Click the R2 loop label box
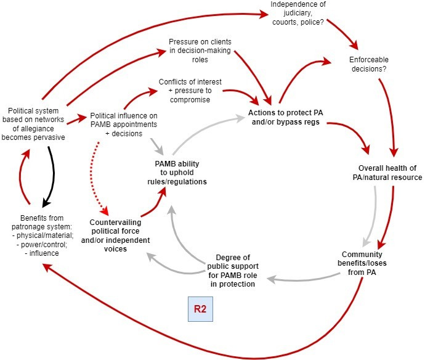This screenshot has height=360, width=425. point(200,309)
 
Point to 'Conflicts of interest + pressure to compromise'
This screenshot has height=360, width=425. point(190,91)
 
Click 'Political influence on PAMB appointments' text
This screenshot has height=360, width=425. point(124,120)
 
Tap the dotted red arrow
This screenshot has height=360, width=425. point(98,179)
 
